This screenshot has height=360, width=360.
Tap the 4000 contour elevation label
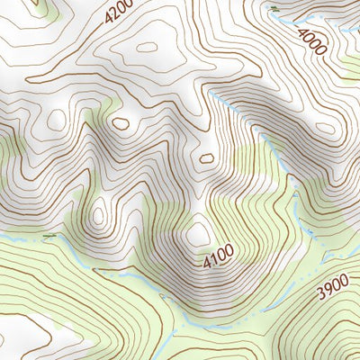tap(312, 41)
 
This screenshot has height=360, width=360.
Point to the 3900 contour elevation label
tap(332, 289)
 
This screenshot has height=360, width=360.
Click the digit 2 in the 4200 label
tap(116, 13)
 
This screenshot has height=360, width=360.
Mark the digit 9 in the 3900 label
tap(328, 291)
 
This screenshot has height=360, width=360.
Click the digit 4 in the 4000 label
tap(303, 33)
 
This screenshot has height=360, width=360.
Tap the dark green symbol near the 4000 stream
tap(274, 9)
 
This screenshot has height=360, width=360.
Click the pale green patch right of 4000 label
tap(351, 63)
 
